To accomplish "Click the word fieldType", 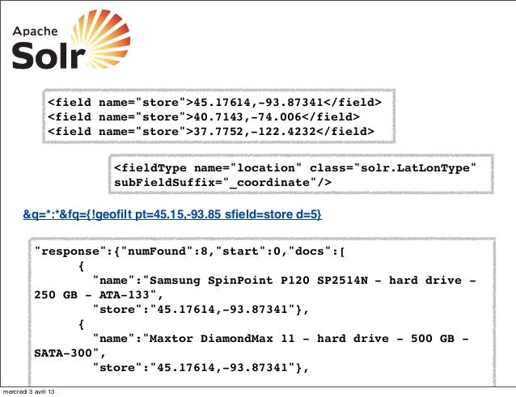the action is point(151,167).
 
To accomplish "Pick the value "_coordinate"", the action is point(264,183).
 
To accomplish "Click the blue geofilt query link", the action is point(172,214).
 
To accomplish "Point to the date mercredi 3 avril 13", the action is point(29,391).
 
